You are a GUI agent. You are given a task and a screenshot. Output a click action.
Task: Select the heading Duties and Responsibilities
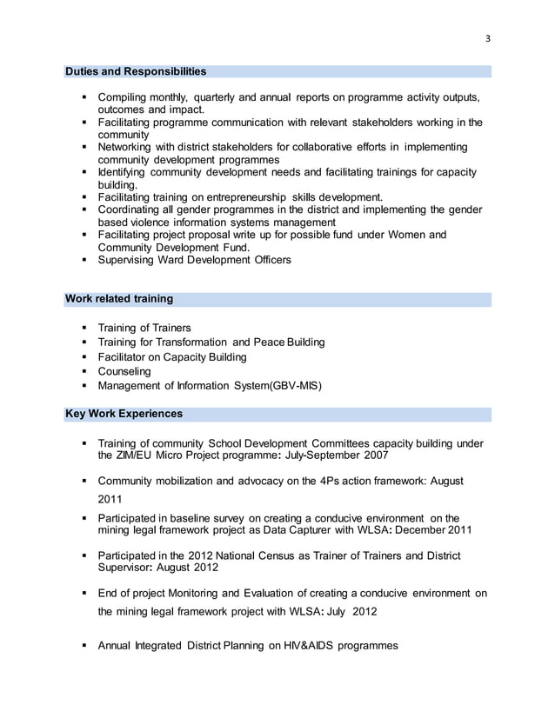click(x=136, y=71)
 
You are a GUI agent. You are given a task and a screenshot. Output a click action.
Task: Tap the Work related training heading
click(x=119, y=299)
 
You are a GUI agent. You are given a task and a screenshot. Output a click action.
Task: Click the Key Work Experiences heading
click(x=124, y=413)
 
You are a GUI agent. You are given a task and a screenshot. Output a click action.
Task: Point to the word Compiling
click(x=126, y=96)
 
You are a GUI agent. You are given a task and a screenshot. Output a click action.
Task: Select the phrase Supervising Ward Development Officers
click(x=194, y=260)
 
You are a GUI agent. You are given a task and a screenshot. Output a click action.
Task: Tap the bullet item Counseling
click(x=124, y=371)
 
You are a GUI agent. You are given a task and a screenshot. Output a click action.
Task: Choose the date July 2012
click(x=351, y=611)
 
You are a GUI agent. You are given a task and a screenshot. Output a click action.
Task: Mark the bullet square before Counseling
click(x=84, y=371)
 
